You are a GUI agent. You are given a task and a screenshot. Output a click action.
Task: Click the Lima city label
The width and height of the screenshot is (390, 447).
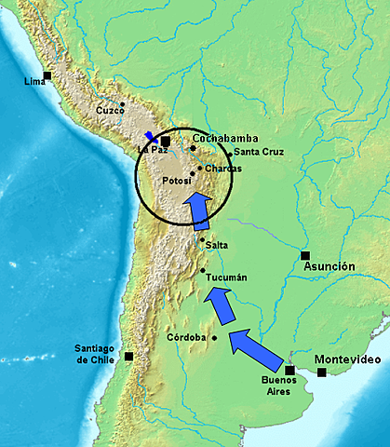34,83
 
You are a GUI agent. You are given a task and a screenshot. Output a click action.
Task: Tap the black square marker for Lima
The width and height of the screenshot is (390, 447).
47,75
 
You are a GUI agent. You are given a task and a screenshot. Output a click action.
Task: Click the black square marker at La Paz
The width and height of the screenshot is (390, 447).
165,141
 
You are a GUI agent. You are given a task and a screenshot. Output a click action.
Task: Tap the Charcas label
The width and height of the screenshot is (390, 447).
222,169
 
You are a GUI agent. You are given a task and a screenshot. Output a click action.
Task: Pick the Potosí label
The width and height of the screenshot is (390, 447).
177,180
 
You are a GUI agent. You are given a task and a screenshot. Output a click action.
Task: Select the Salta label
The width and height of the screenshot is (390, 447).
217,245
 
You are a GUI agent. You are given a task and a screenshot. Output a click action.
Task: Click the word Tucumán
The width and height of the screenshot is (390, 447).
226,278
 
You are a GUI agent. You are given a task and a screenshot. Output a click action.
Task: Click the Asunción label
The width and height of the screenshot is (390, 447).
329,266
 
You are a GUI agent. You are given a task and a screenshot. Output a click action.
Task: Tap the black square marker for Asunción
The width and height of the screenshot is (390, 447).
304,255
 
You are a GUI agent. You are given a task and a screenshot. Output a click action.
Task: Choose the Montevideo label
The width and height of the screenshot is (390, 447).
350,359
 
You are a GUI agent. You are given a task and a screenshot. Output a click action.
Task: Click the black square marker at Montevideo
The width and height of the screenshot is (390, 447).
322,372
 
